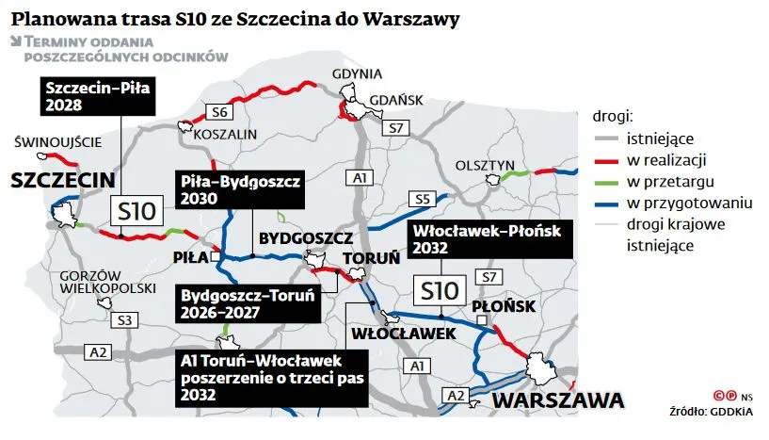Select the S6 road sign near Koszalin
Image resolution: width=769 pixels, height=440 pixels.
click(220, 112)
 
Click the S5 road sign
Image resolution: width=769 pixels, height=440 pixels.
click(421, 199)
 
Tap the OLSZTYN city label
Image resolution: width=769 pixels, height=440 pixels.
click(481, 165)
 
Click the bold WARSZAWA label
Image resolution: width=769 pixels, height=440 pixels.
click(557, 400)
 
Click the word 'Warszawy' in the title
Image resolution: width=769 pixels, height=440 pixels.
click(422, 19)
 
